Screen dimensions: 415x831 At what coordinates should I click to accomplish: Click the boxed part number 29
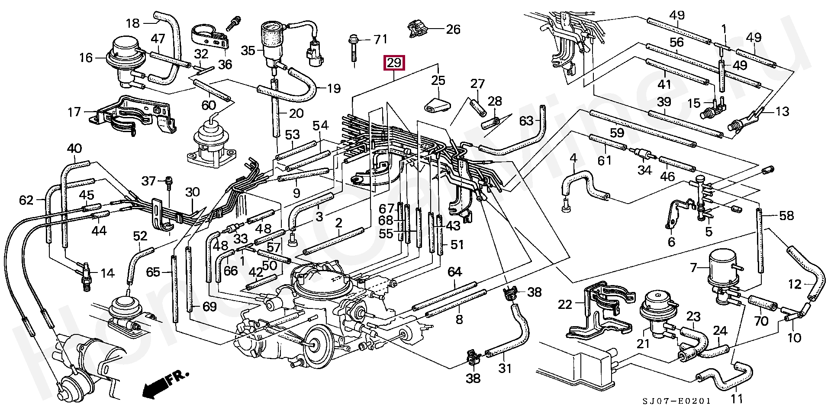pyautogui.click(x=394, y=63)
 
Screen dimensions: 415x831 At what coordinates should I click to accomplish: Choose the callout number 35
pyautogui.click(x=248, y=51)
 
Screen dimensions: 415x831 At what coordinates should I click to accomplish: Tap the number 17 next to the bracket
pyautogui.click(x=74, y=113)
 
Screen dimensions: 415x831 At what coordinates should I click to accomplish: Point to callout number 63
pyautogui.click(x=526, y=121)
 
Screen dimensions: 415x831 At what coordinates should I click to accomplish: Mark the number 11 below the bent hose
pyautogui.click(x=736, y=399)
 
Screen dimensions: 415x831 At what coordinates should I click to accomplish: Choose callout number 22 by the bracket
pyautogui.click(x=565, y=305)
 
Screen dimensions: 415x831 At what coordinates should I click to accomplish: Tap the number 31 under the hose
pyautogui.click(x=505, y=369)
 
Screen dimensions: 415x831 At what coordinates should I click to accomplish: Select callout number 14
pyautogui.click(x=107, y=273)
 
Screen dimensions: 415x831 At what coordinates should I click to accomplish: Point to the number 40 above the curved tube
pyautogui.click(x=74, y=149)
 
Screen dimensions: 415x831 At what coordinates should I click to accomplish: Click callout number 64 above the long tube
pyautogui.click(x=454, y=272)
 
